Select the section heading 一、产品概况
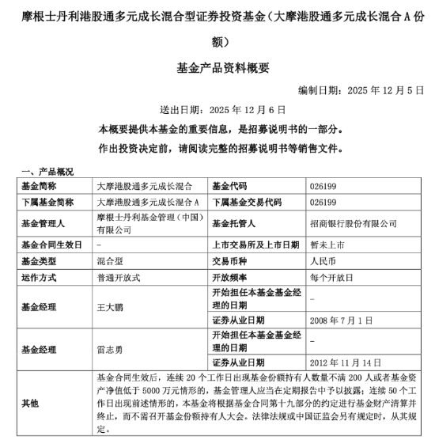(47, 171)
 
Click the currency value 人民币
(321, 262)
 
